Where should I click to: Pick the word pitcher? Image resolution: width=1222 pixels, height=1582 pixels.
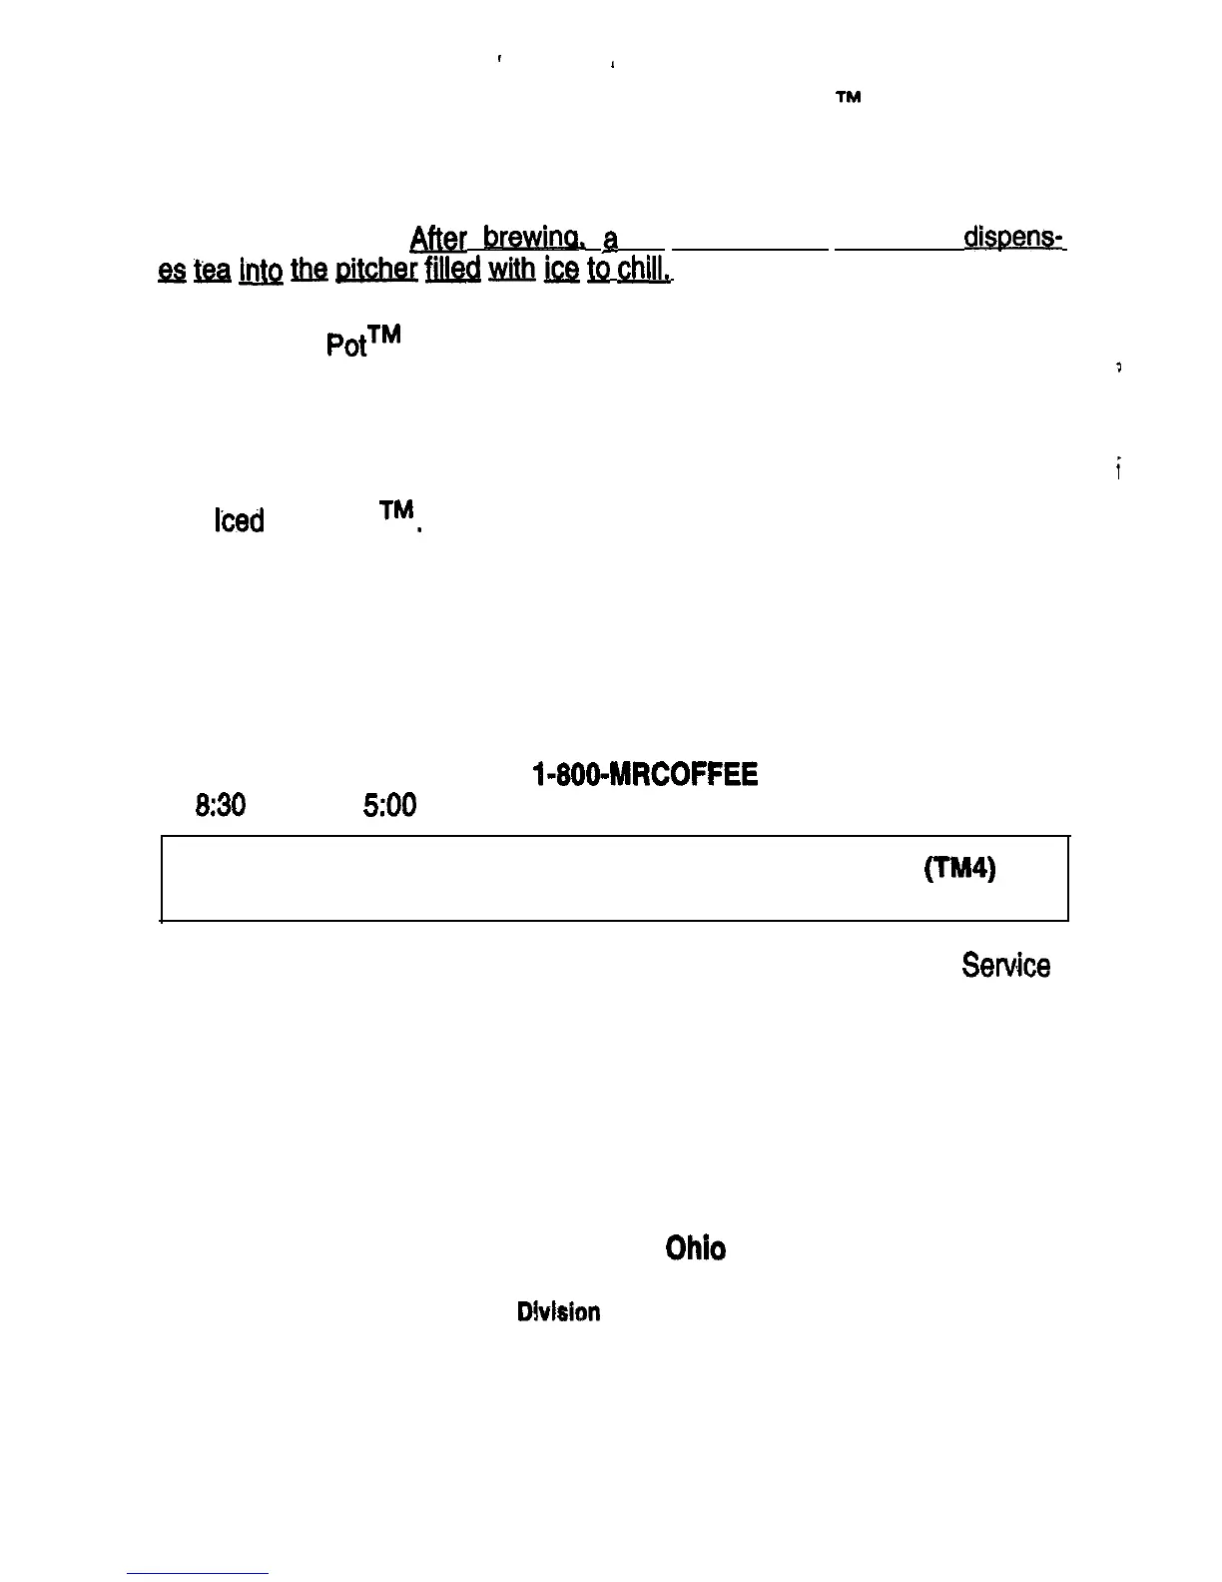coord(376,271)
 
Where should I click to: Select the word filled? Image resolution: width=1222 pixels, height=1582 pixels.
coord(452,271)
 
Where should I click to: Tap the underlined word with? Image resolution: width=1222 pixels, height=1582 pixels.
coord(512,271)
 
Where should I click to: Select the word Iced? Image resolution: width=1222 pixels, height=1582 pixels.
coord(239,521)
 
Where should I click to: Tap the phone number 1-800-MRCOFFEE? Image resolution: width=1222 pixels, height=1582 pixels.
coord(644,775)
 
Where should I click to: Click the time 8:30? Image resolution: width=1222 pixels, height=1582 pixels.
coord(221,806)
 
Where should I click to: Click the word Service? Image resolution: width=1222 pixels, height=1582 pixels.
coord(1005,966)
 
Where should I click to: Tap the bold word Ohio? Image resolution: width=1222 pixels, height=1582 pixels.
coord(695,1248)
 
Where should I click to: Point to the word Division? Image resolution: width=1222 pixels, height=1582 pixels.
coord(558,1312)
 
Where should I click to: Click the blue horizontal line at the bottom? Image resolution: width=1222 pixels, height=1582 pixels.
coord(198,1573)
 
